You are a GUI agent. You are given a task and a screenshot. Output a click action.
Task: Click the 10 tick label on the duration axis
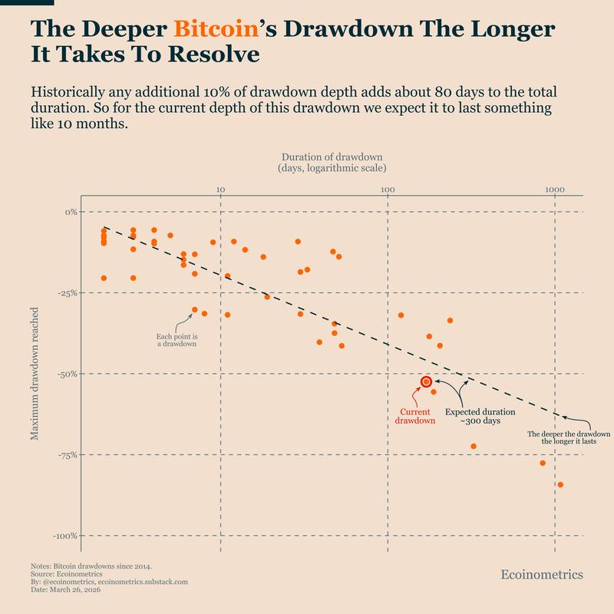[220, 187]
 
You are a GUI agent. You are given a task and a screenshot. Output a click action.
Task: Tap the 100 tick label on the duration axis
[388, 187]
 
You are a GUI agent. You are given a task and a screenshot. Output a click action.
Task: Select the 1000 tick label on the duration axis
[555, 187]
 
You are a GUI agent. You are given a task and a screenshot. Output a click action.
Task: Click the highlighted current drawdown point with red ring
[426, 381]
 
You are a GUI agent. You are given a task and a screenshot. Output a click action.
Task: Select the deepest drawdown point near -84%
[560, 484]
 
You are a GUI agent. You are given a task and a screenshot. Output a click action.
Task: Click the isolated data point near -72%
[474, 446]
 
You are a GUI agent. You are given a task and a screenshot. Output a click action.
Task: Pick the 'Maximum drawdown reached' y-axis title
[35, 373]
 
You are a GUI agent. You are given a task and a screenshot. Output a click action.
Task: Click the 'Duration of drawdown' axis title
[332, 161]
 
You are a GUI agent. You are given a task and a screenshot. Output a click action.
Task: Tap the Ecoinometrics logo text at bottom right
[541, 574]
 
